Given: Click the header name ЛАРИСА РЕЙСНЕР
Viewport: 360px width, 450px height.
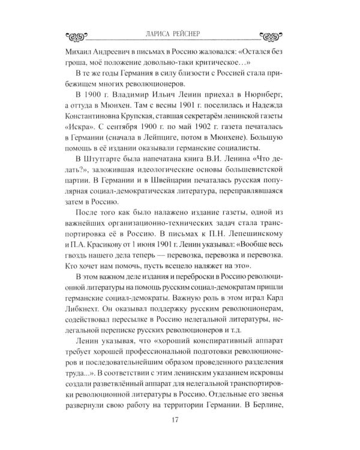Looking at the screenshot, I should [x=179, y=34].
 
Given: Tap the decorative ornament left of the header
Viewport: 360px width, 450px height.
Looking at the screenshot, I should [x=83, y=35].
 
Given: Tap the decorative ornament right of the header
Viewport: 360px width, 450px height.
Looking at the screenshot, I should [x=275, y=35].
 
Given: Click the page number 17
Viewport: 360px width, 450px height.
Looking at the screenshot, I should [x=180, y=419].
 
